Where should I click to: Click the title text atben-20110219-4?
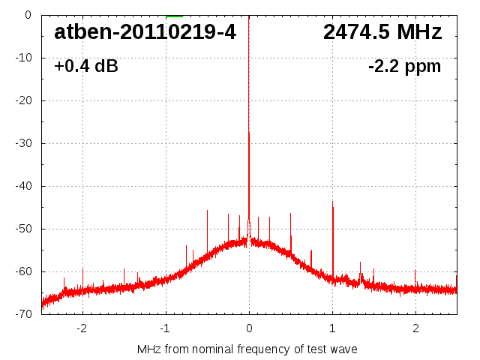145,32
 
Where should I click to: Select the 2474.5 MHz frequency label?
382,32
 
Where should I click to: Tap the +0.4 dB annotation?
85,67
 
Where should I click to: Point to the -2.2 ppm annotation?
404,67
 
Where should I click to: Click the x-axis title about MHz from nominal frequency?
247,349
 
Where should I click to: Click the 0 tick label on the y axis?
27,14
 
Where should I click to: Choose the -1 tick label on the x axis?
164,328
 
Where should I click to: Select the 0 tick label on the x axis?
249,328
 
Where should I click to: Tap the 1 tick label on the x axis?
332,328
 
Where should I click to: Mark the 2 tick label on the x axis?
415,328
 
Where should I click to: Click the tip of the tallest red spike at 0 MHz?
249,133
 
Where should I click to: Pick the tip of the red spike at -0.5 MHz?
207,211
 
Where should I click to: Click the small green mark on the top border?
174,15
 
